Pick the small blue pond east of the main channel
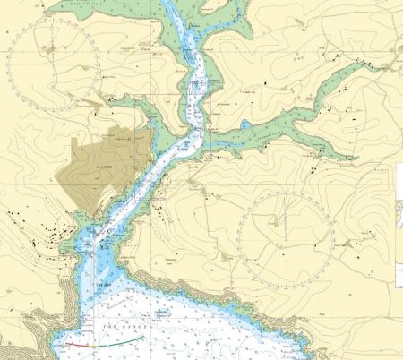click(x=244, y=124)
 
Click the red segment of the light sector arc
click(x=77, y=344)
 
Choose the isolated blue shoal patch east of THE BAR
click(x=161, y=312)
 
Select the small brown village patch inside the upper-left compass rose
click(x=56, y=45)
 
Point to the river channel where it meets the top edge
click(x=176, y=3)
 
